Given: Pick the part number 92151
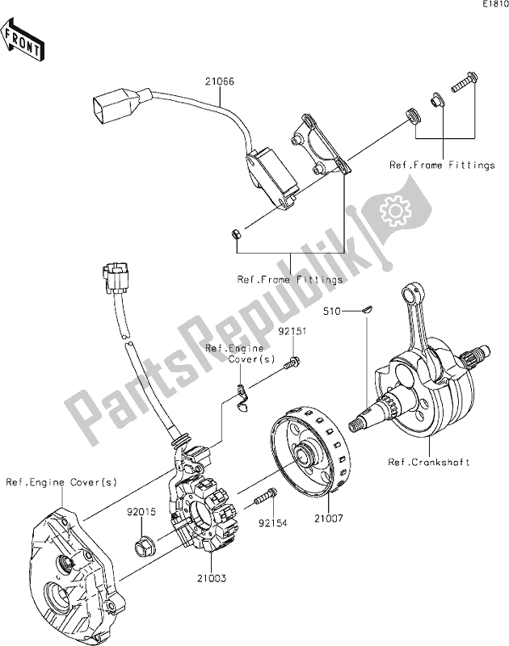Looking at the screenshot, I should [x=292, y=331].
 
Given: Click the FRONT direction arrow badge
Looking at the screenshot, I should [x=23, y=41].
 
